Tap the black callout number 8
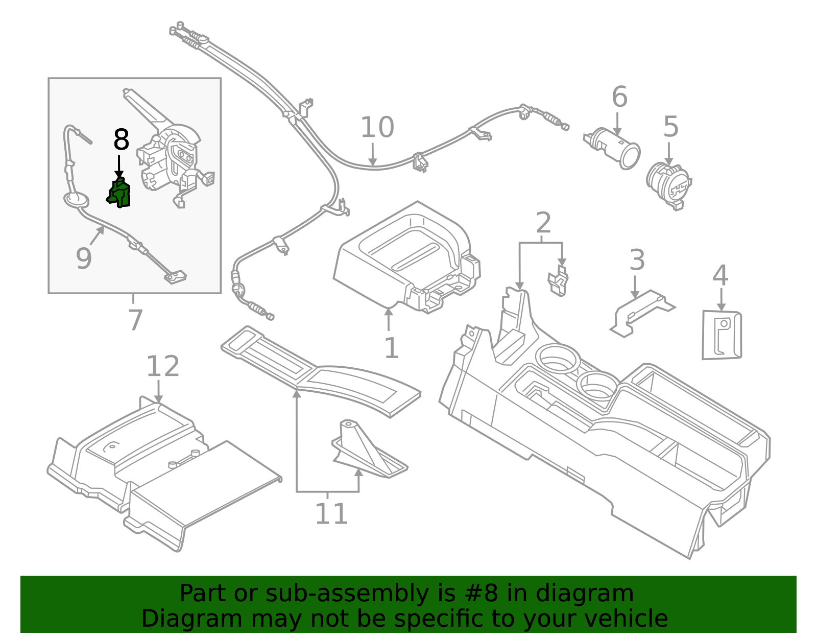coord(121,140)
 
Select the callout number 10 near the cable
coord(377,128)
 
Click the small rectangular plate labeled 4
coord(722,335)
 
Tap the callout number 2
coord(543,223)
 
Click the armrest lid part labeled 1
coord(403,255)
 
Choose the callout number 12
coord(163,367)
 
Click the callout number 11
coord(331,514)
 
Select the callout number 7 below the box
coord(135,320)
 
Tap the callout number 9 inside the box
coord(83,258)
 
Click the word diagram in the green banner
coord(584,594)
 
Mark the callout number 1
coord(391,348)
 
